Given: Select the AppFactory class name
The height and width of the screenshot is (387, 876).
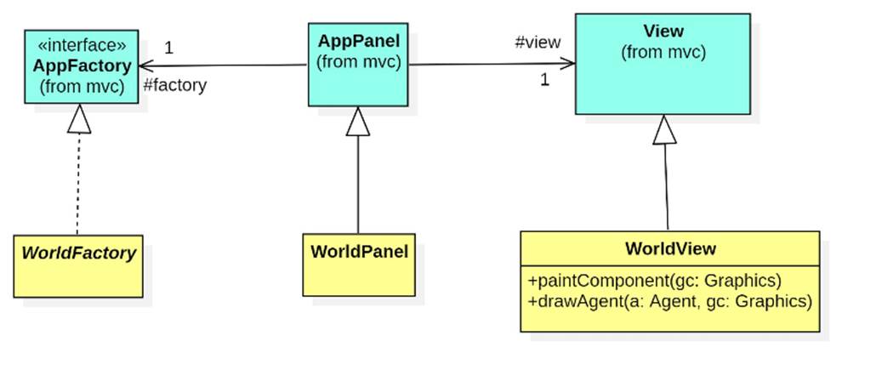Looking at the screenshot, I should tap(82, 65).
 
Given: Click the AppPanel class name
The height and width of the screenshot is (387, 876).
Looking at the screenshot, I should tap(358, 41).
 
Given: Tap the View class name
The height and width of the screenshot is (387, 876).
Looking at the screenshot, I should tap(663, 31).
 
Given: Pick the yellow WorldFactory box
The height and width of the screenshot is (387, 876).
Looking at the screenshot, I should tap(78, 266).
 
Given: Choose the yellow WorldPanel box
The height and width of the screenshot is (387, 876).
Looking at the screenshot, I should tap(359, 265).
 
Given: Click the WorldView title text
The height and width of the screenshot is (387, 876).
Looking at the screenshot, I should tap(670, 249).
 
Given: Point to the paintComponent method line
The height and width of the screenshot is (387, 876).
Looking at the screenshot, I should tap(654, 280).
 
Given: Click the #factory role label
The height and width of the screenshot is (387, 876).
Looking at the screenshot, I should tap(174, 85).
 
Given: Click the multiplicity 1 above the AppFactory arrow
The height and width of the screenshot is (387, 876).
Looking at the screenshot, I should tap(168, 48).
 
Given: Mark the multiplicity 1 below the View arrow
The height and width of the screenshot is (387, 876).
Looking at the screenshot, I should tap(544, 80).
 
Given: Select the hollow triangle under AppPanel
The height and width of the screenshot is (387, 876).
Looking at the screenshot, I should tap(358, 122).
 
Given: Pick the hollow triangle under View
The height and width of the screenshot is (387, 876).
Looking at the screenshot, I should tap(664, 129).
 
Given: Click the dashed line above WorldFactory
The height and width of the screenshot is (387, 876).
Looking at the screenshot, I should tap(77, 183).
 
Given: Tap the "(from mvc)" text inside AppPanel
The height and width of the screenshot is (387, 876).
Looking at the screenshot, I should tap(358, 62).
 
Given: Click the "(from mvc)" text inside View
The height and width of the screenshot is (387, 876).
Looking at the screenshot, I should tap(663, 53).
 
